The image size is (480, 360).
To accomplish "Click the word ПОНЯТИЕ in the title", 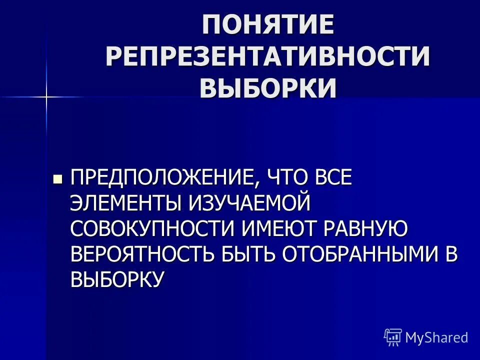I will pos(267,25).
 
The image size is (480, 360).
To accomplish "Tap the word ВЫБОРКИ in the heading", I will pos(267,88).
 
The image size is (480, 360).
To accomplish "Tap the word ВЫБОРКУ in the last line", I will pos(116,279).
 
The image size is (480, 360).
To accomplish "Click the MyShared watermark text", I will pos(436,337).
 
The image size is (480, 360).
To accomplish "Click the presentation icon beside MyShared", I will pos(393,337).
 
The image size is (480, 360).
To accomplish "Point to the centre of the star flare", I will pos(45,96).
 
